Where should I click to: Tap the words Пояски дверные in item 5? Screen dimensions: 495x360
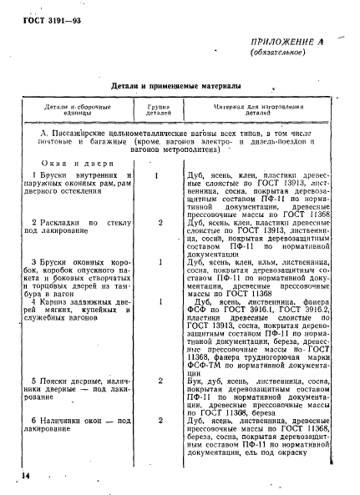(67, 380)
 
